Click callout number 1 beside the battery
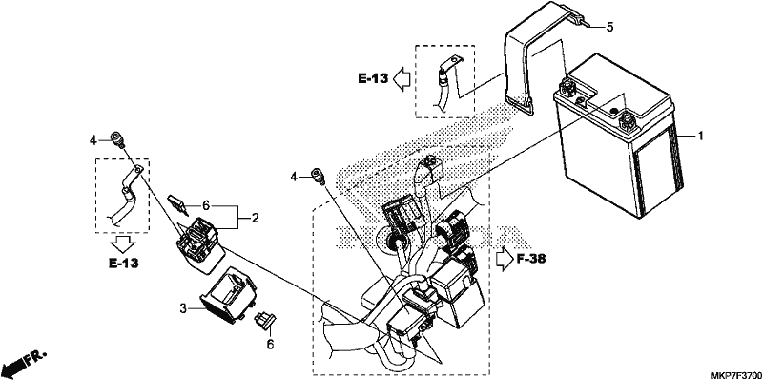tap(700, 137)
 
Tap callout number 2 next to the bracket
tap(255, 218)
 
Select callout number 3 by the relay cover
tap(183, 308)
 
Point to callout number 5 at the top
tap(609, 27)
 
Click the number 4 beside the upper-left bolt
tap(93, 140)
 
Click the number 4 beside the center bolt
tap(294, 177)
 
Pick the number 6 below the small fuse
tap(270, 345)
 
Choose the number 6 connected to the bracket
tap(206, 206)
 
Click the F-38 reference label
tap(530, 258)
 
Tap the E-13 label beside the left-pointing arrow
tap(374, 78)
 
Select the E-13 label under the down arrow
tap(123, 264)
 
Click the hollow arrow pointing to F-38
tap(504, 258)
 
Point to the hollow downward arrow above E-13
tap(121, 243)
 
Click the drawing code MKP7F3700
tap(735, 375)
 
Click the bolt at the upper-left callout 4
tap(116, 138)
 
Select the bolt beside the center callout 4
tap(318, 176)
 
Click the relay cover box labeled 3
tap(227, 295)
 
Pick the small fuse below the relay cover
tap(264, 320)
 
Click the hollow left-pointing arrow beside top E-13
tap(402, 78)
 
